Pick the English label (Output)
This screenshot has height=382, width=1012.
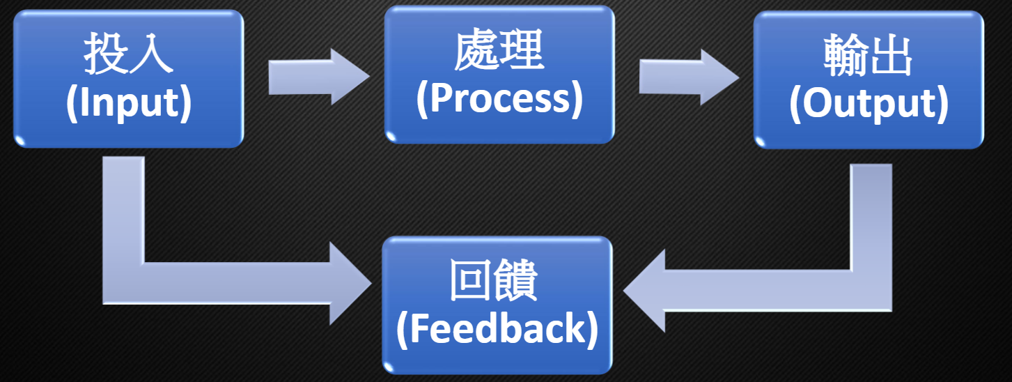869,105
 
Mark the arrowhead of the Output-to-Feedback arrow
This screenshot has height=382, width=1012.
644,289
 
